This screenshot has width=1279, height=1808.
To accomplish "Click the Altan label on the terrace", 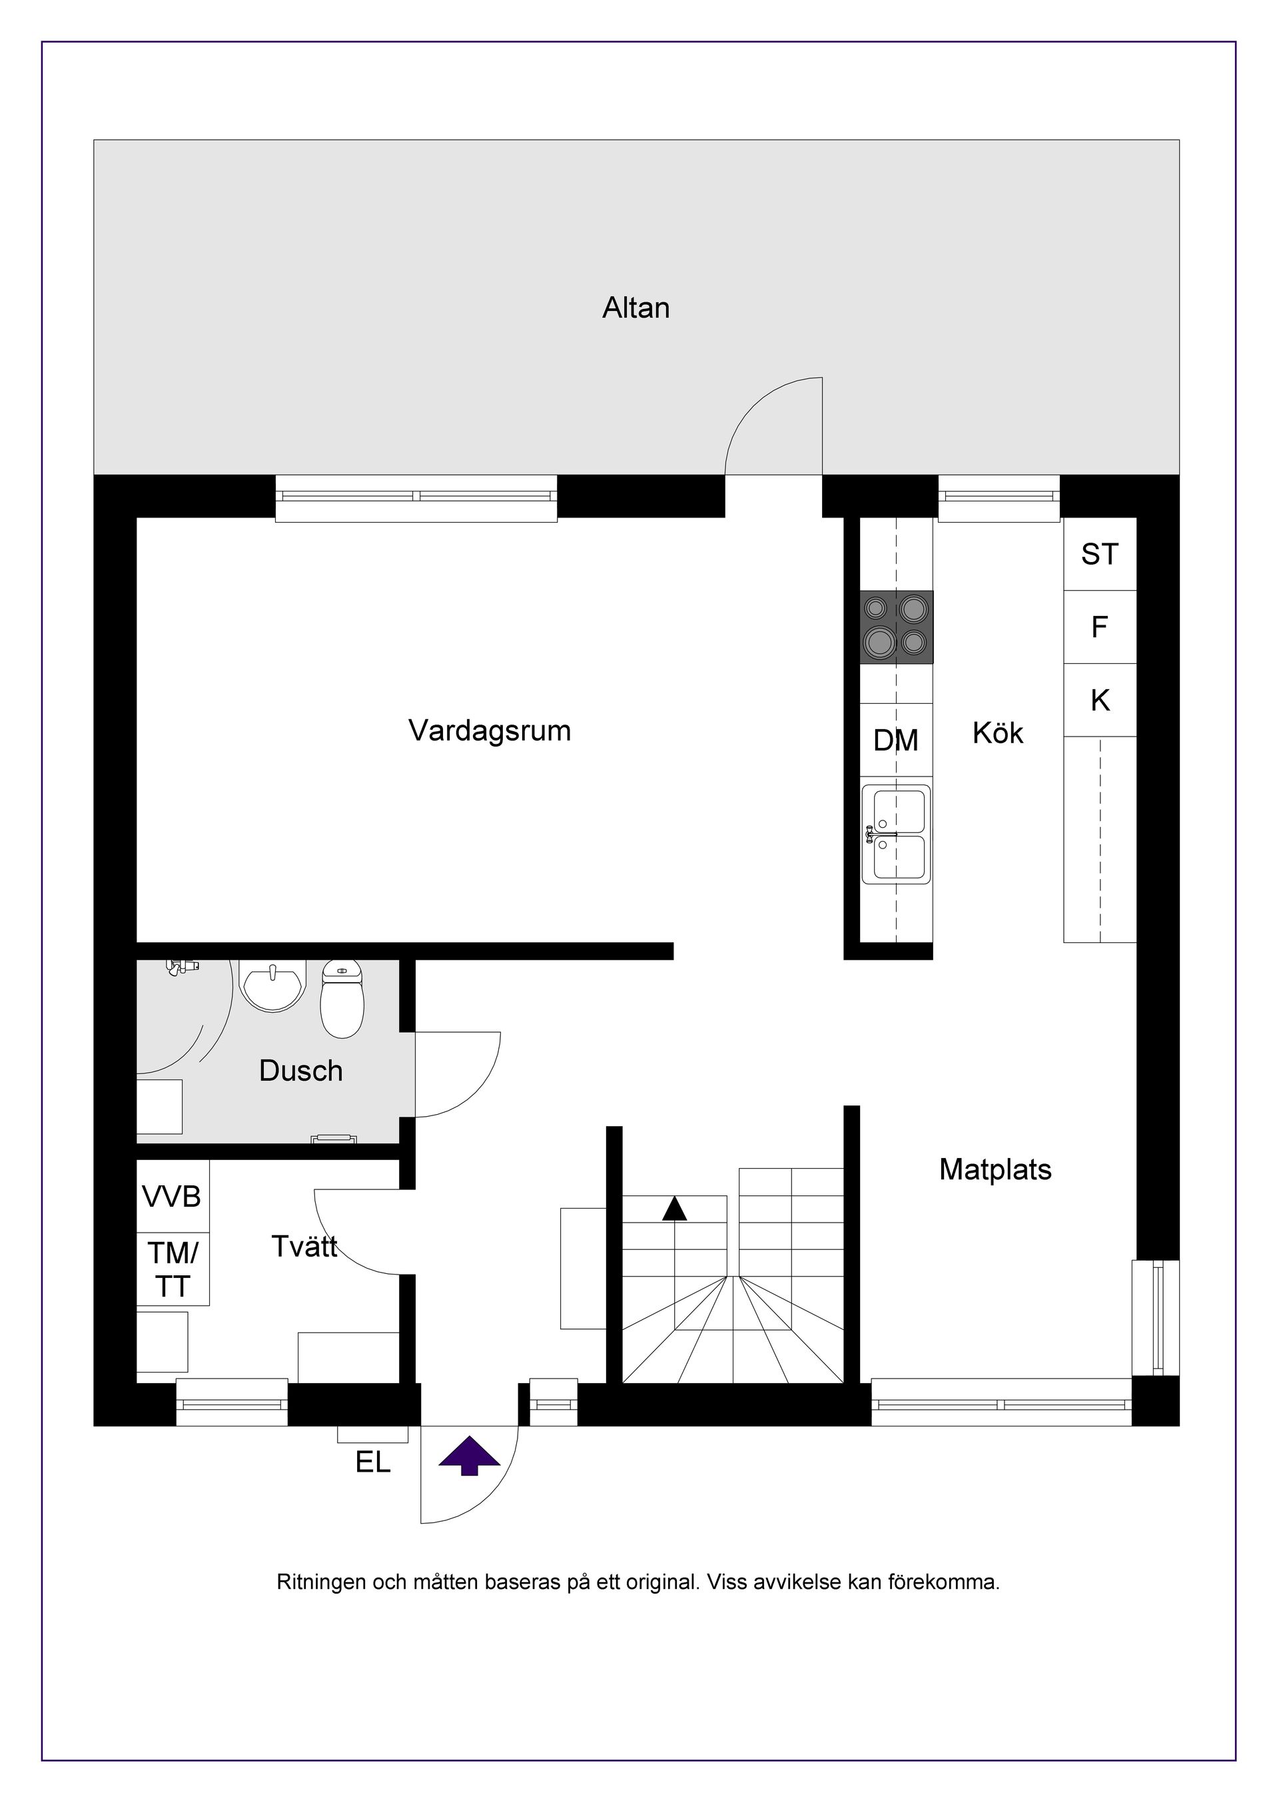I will click(x=636, y=308).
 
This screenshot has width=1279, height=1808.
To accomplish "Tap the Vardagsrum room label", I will click(x=489, y=731).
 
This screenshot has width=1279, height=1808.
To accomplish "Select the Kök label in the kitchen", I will click(x=997, y=733).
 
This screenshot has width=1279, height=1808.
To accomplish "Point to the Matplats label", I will click(x=995, y=1169).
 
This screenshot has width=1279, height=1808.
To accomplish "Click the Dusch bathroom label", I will click(x=301, y=1071).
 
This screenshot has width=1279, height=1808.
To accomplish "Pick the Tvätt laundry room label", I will click(x=304, y=1246).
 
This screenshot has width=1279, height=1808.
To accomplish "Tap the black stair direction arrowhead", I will click(x=674, y=1209).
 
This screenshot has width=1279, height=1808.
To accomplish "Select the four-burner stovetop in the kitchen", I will click(x=896, y=627).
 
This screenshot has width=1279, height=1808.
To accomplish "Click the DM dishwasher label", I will click(x=896, y=741).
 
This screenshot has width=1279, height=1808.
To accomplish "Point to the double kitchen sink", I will click(x=896, y=834).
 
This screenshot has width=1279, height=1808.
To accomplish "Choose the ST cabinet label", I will click(x=1099, y=554).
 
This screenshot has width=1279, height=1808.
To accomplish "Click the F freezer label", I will click(x=1099, y=627).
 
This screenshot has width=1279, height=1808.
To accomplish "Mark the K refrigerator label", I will click(x=1099, y=700).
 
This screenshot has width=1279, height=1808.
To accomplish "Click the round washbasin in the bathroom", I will click(x=272, y=985).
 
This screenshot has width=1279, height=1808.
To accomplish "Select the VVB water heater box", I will click(x=173, y=1197).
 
